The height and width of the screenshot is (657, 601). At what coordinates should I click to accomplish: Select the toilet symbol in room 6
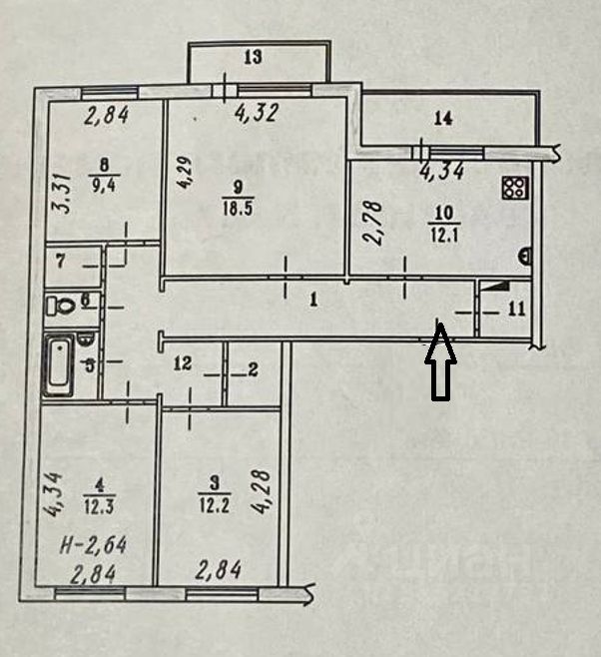pos(63,306)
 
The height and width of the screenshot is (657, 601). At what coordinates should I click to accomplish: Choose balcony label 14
pos(443,119)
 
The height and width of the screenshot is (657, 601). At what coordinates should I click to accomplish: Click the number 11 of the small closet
pos(515,309)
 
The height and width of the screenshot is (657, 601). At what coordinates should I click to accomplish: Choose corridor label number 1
pos(312,298)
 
